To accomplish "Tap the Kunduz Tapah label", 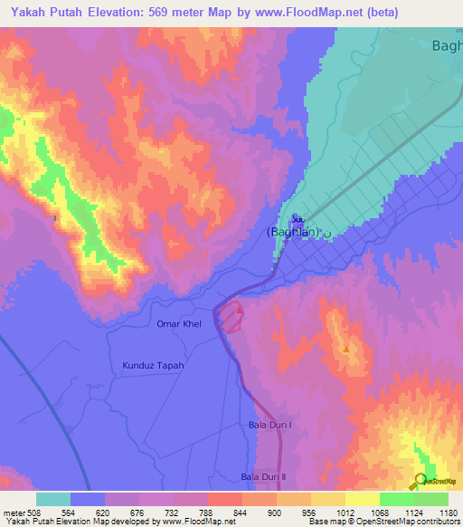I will click(153, 366).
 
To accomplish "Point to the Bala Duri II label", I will click(263, 476).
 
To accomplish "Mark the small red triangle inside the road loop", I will click(240, 311).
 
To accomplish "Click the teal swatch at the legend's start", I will click(52, 499).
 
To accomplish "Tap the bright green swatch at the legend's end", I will click(430, 499).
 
